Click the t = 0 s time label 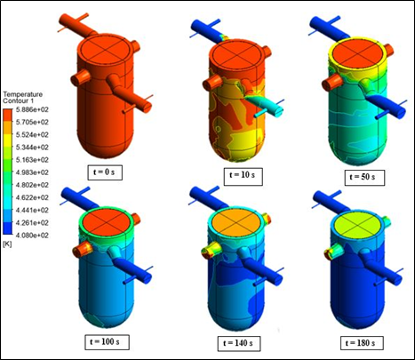(x=105, y=172)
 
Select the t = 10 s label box (x=243, y=176)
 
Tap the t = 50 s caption (x=364, y=178)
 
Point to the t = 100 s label (x=107, y=342)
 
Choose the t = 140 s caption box (x=239, y=344)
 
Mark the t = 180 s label (x=362, y=343)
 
